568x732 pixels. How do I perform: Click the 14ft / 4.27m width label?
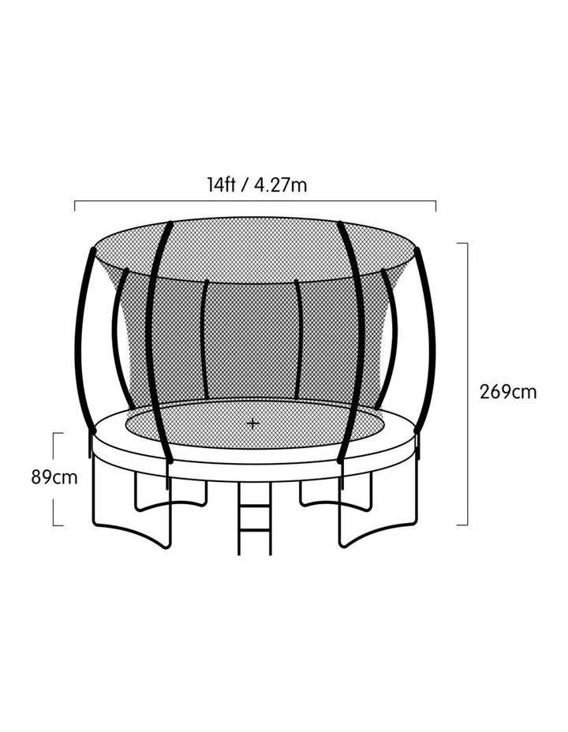click(257, 185)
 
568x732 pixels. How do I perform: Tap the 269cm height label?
click(508, 392)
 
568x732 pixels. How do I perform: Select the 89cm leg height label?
click(54, 477)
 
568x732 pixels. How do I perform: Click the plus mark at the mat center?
click(253, 424)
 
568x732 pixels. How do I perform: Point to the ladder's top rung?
click(254, 506)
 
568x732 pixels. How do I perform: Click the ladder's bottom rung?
click(254, 531)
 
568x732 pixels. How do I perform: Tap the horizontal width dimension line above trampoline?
click(256, 201)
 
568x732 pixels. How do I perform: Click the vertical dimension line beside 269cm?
click(467, 383)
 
